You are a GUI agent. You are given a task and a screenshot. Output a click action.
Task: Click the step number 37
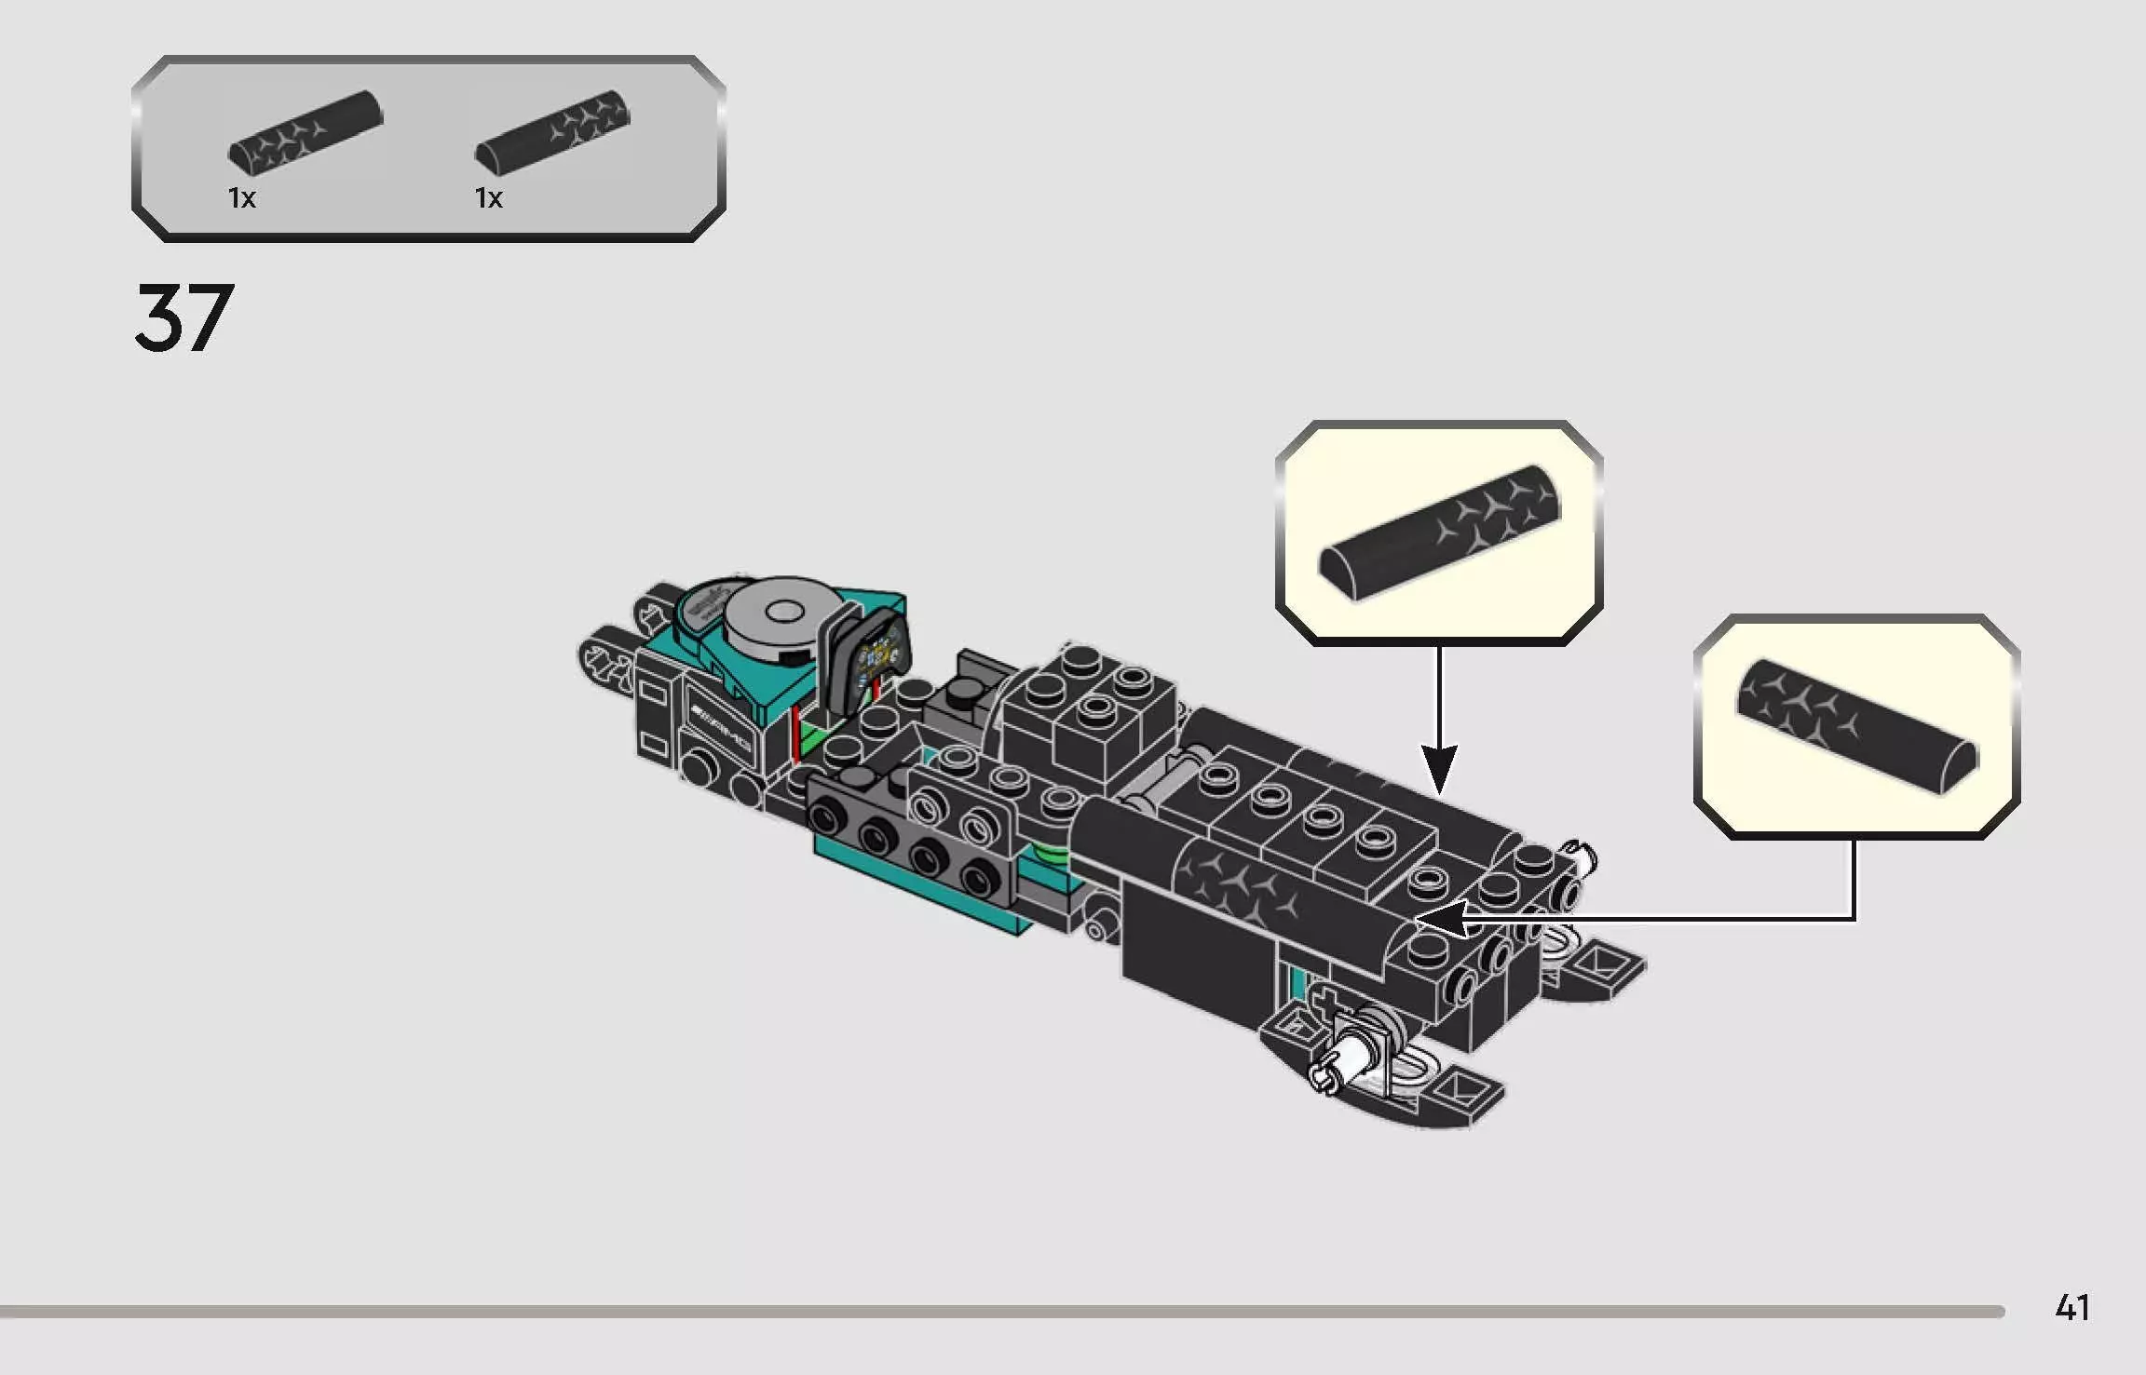pyautogui.click(x=183, y=318)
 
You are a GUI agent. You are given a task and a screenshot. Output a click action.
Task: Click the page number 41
pyautogui.click(x=2071, y=1308)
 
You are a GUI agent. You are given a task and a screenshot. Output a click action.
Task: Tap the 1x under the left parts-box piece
pyautogui.click(x=241, y=198)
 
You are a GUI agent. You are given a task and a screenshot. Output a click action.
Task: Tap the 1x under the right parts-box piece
pyautogui.click(x=488, y=198)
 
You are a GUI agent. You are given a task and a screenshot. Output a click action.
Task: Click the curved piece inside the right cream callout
pyautogui.click(x=1856, y=727)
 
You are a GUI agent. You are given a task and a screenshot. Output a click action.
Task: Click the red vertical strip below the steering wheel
pyautogui.click(x=795, y=735)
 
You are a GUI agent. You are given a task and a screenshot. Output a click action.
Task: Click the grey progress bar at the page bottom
pyautogui.click(x=1001, y=1312)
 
